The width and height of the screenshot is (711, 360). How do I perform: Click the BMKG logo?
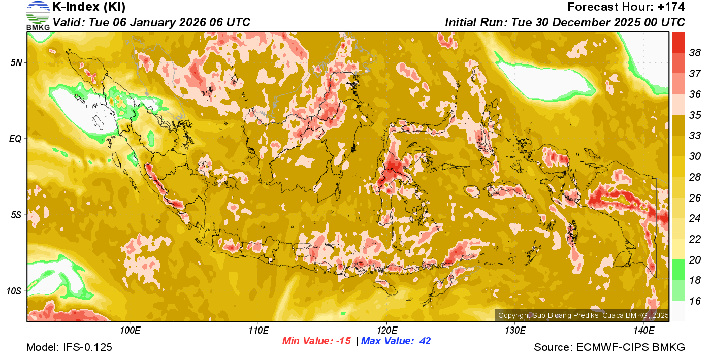38,15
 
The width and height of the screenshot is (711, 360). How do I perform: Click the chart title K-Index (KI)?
89,7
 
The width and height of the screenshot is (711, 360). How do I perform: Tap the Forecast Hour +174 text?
626,7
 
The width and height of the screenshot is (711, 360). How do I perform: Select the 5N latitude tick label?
16,62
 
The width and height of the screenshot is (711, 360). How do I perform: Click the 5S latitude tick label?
16,215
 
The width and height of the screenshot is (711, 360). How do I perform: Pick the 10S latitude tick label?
14,291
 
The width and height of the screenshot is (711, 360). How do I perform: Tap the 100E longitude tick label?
130,331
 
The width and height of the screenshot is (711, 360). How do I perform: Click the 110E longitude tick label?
258,331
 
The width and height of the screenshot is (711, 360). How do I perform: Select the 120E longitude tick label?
386,331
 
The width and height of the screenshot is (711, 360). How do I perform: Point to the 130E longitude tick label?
515,331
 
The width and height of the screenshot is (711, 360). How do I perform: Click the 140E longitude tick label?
643,331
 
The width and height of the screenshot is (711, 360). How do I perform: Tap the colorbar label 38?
695,53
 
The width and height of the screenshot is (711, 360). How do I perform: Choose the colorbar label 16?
695,301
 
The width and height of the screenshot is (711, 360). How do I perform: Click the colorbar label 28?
695,177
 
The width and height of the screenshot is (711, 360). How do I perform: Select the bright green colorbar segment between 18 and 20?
678,270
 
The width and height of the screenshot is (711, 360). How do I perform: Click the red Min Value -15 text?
316,341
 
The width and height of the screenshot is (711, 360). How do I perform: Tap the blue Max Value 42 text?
396,341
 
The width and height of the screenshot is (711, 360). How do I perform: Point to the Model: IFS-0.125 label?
69,348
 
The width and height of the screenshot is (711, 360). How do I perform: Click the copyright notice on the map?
583,315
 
